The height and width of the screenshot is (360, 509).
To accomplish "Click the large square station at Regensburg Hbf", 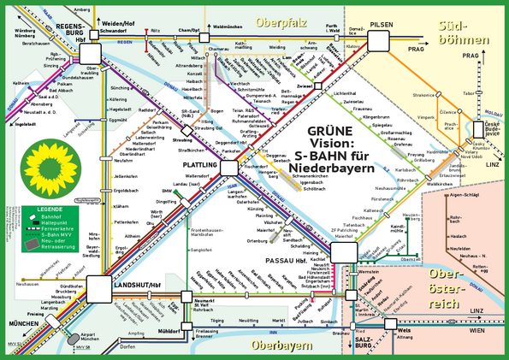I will [89, 54].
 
